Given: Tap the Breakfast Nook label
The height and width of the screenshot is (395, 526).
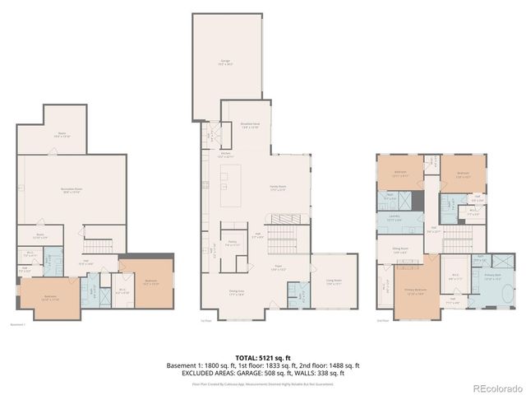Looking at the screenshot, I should tap(251, 126).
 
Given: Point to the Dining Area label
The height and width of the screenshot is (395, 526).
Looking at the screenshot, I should tap(235, 294).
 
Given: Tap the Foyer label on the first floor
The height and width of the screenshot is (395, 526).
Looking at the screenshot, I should tap(279, 267).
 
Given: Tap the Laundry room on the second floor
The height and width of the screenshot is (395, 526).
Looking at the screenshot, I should tap(394, 218).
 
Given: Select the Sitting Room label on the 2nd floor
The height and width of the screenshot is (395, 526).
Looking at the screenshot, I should tap(399, 252).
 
